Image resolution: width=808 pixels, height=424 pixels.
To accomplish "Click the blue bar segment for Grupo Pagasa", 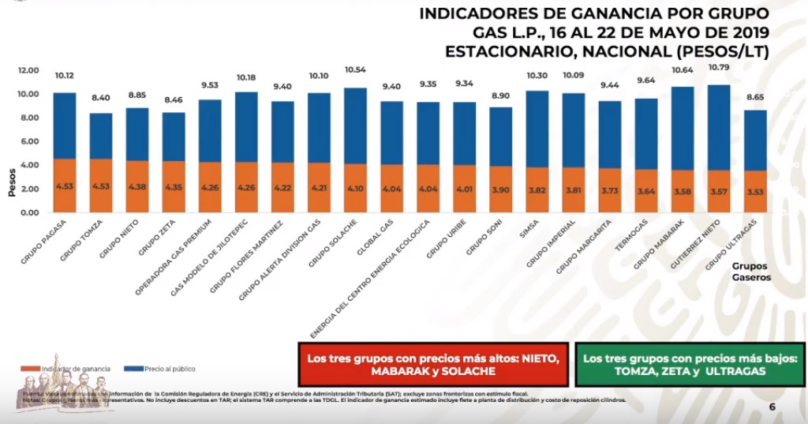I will (65, 126).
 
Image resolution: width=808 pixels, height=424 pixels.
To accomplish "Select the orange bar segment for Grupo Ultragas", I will (754, 192).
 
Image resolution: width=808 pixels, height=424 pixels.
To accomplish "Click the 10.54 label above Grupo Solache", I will (355, 70).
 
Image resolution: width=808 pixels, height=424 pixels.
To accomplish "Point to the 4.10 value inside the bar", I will (355, 189).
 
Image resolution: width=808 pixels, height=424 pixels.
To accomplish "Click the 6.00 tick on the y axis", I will (29, 142).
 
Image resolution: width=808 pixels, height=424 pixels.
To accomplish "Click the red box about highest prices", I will (433, 364).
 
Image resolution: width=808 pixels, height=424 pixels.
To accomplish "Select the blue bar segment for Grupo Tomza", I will (101, 137).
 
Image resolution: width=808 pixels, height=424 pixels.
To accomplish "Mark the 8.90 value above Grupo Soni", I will (500, 95).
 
